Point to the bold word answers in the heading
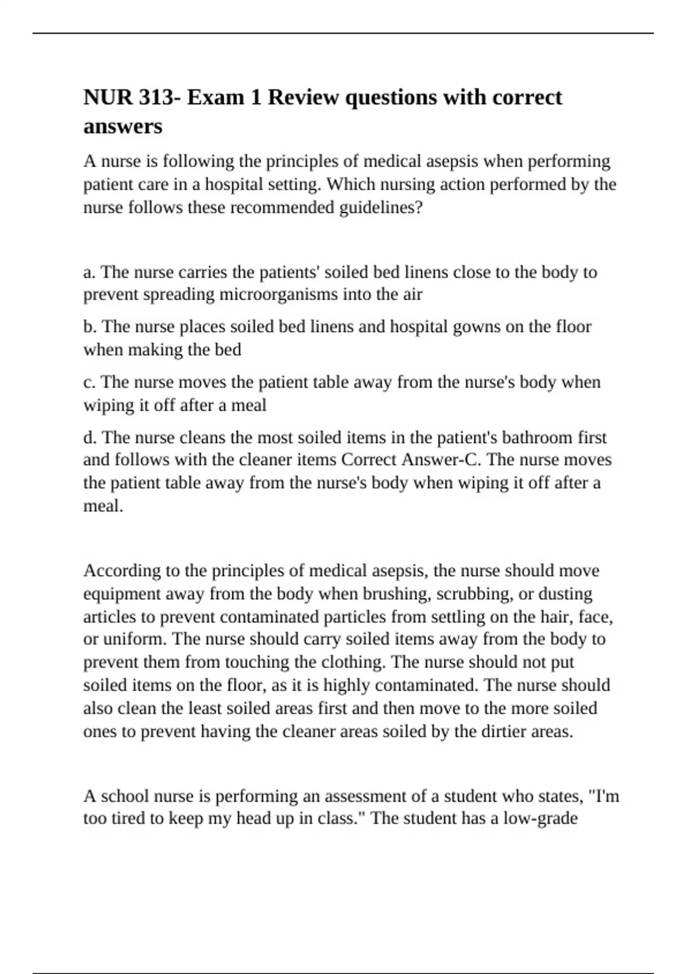pos(123,127)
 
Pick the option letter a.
pos(89,272)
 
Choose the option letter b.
pos(89,327)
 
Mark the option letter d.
pos(89,438)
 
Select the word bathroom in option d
pos(538,438)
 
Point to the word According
pos(121,571)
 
